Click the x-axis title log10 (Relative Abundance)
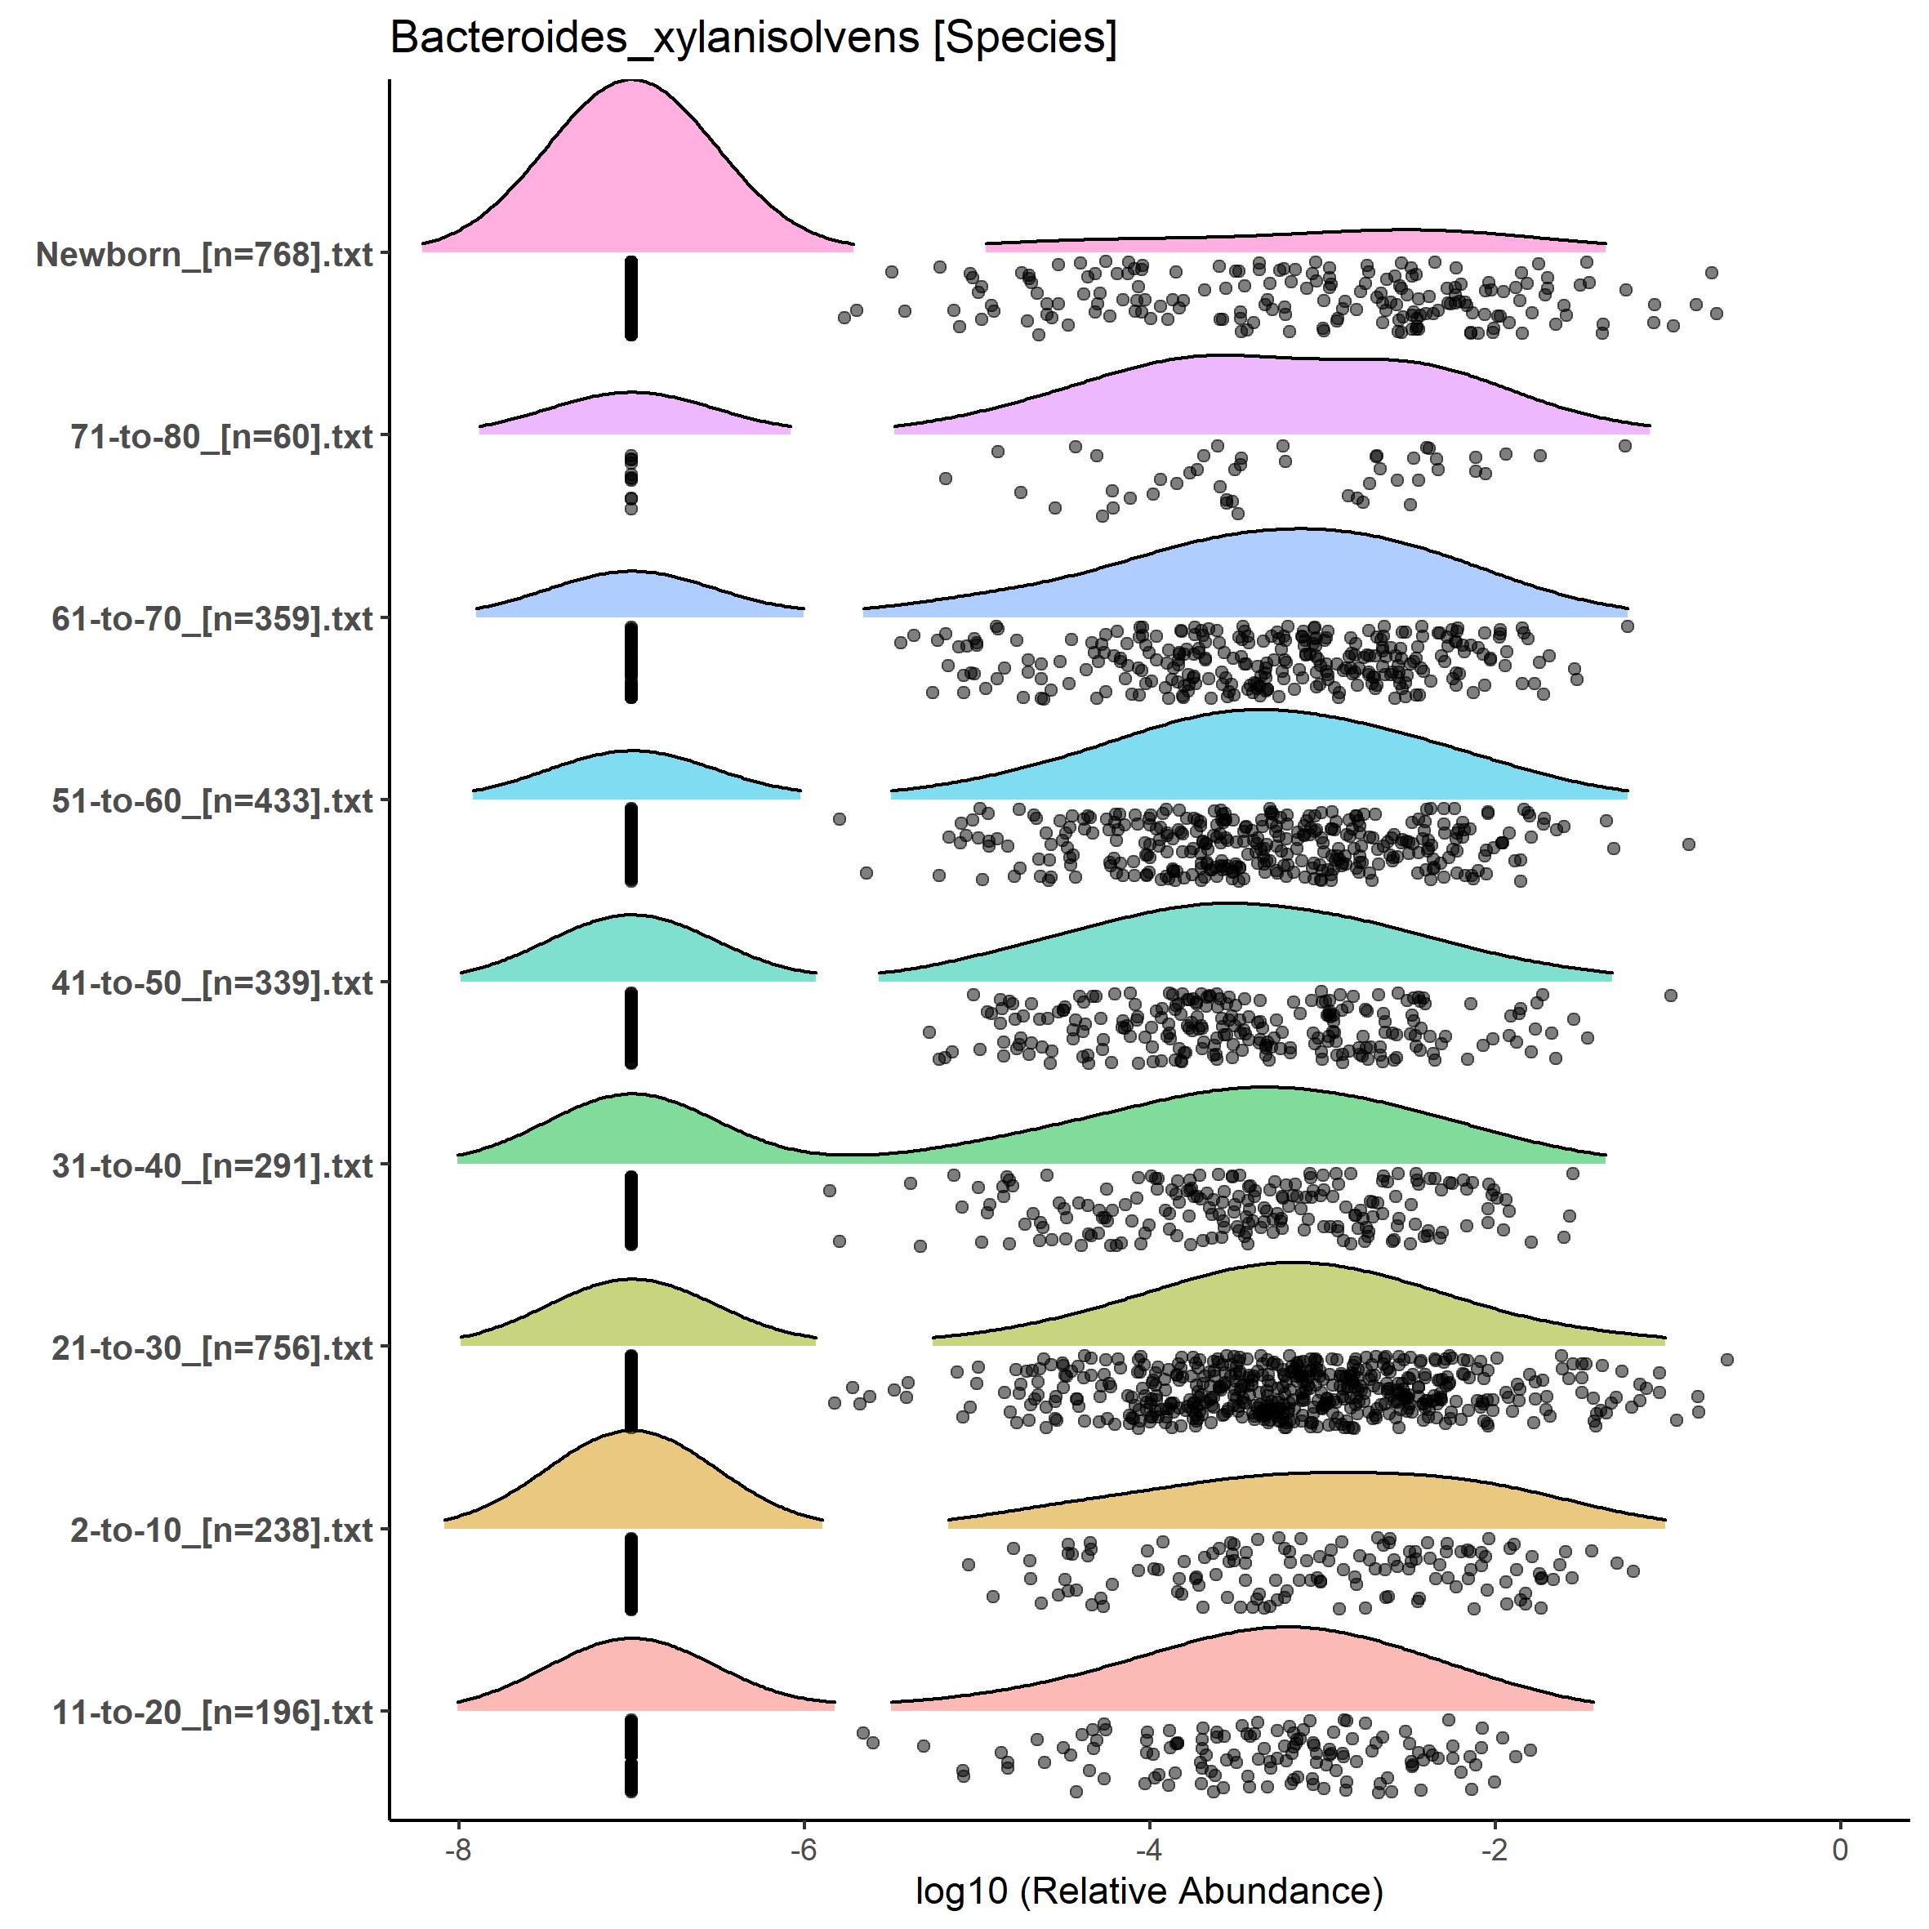pyautogui.click(x=1148, y=1890)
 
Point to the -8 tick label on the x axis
pyautogui.click(x=458, y=1849)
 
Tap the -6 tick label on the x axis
pyautogui.click(x=804, y=1849)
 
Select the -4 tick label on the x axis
pyautogui.click(x=1149, y=1849)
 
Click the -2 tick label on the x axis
pyautogui.click(x=1495, y=1849)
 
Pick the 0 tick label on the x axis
pyautogui.click(x=1840, y=1849)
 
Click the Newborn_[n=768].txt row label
pyautogui.click(x=205, y=255)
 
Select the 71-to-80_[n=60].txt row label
pyautogui.click(x=221, y=436)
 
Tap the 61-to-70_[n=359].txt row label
pyautogui.click(x=212, y=619)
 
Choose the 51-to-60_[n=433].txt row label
pyautogui.click(x=212, y=800)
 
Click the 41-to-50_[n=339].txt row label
pyautogui.click(x=212, y=983)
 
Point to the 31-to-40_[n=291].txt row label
pyautogui.click(x=212, y=1165)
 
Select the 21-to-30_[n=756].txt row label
pyautogui.click(x=212, y=1348)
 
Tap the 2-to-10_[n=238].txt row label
pyautogui.click(x=221, y=1530)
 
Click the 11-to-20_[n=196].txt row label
pyautogui.click(x=212, y=1713)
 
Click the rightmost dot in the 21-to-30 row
pyautogui.click(x=1727, y=1360)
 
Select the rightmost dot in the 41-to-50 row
pyautogui.click(x=1670, y=996)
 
